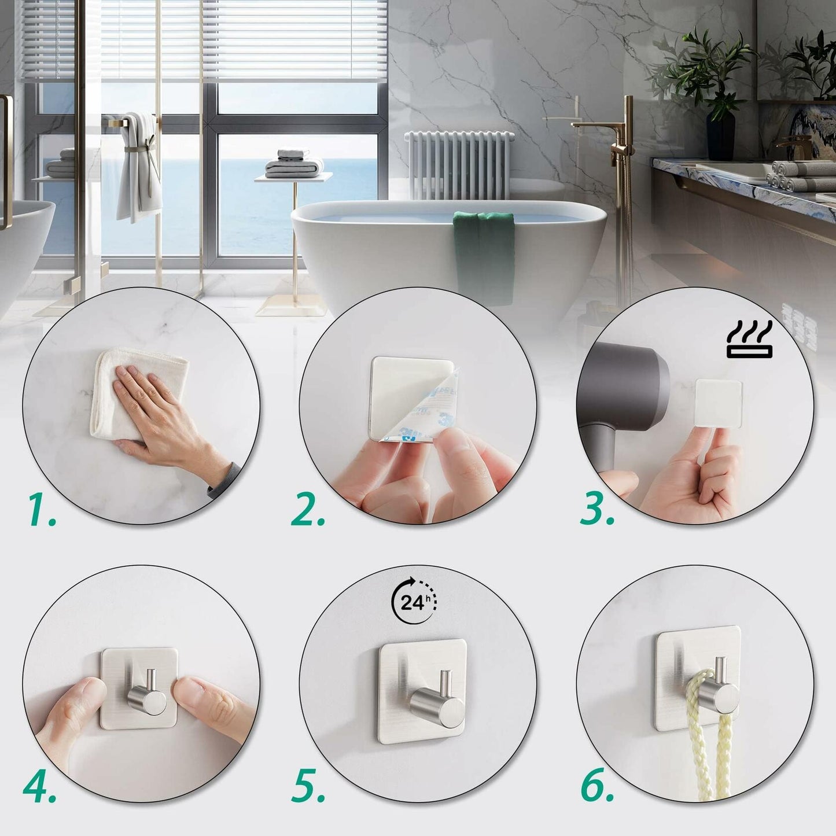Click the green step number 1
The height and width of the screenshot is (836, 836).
tap(42, 510)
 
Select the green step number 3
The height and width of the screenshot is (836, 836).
tap(596, 509)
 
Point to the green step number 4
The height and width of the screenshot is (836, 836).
tap(39, 787)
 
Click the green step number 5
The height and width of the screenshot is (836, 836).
tap(308, 787)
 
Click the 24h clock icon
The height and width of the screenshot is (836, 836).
tap(414, 602)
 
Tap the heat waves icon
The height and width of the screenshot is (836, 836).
tap(749, 341)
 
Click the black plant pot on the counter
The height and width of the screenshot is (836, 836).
tap(720, 136)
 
